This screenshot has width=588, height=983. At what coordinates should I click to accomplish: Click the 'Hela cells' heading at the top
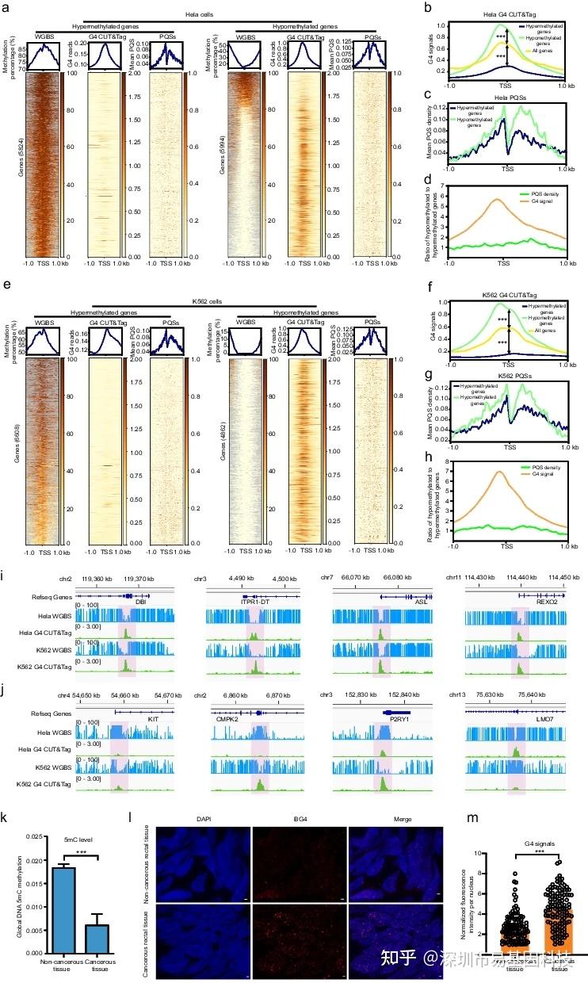[171, 13]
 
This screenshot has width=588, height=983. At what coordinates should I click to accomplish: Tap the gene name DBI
[141, 602]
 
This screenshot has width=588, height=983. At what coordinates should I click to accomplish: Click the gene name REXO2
[543, 602]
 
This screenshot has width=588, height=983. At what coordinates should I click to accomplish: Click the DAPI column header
[201, 818]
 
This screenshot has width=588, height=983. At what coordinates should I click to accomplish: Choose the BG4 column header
[298, 818]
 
